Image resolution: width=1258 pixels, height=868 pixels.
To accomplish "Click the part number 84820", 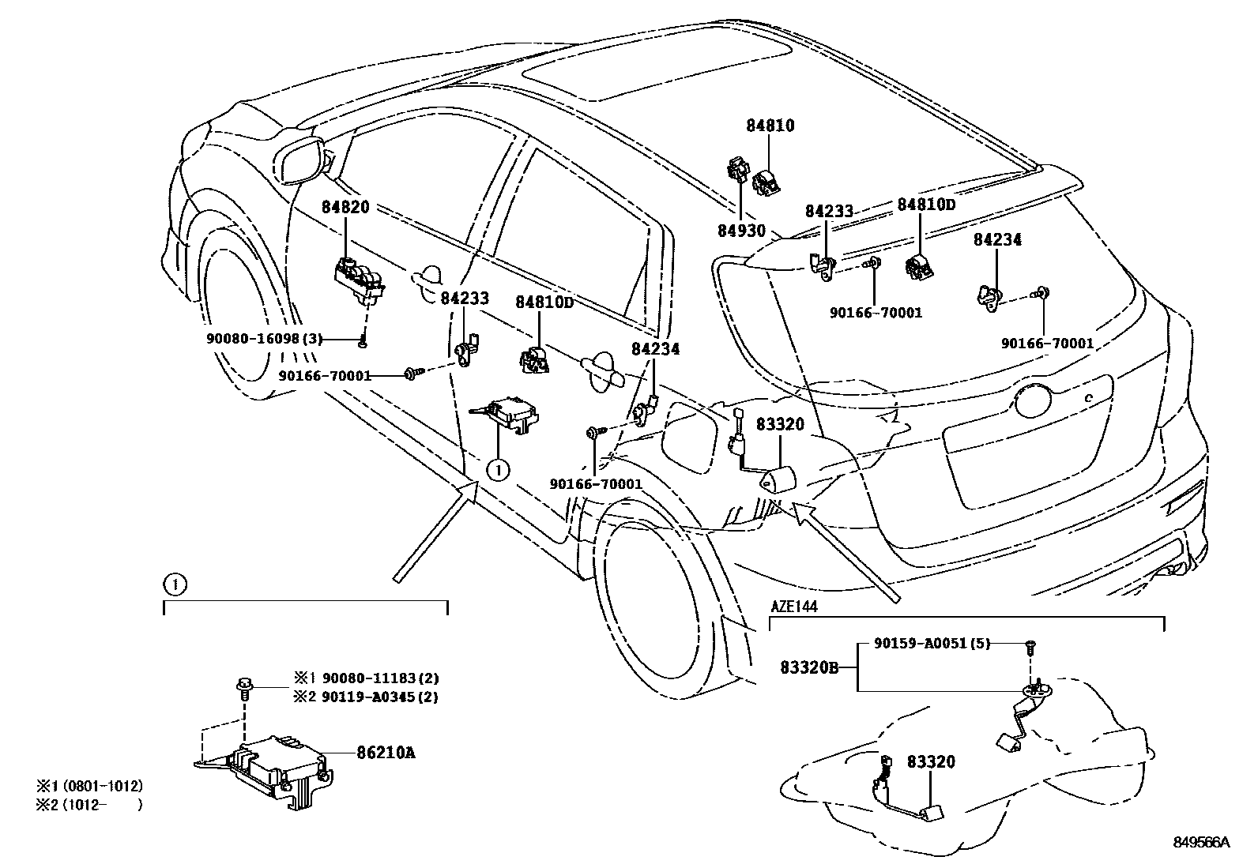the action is coord(345,207).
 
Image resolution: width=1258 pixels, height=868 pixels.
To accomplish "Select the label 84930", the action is coord(741,230).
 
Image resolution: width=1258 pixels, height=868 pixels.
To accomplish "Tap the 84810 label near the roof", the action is coord(770,126).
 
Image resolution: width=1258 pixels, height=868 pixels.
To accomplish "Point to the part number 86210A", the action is coord(386,753).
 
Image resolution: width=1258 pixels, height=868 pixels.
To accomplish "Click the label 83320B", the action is coord(809,667).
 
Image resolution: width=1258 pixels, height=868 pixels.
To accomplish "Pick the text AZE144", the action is coord(794,607).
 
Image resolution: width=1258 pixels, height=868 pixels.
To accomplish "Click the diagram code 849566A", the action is coord(1201,842).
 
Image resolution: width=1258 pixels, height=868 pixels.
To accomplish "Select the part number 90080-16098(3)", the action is coord(265,339).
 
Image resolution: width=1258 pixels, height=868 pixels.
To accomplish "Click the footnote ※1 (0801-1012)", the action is coord(89,786).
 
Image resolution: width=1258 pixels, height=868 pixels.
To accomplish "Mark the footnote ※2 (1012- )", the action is coord(89,805).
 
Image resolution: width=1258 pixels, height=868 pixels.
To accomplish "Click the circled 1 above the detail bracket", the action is coord(175,585).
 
